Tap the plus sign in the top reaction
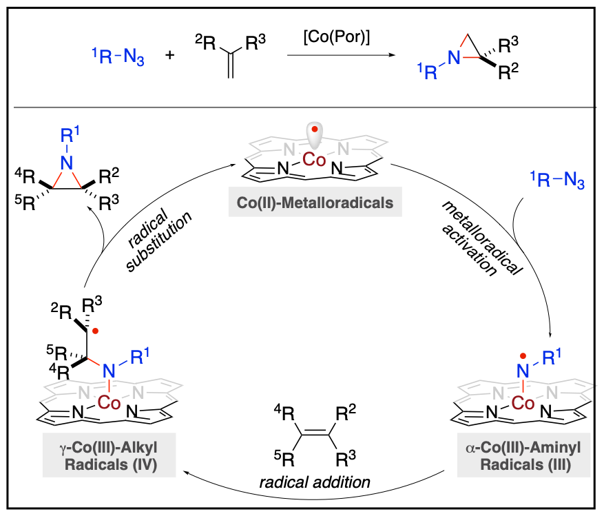pos(169,55)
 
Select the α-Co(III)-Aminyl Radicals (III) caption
pos(523,455)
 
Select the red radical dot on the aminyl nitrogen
pos(524,357)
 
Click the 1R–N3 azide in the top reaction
pos(118,56)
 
